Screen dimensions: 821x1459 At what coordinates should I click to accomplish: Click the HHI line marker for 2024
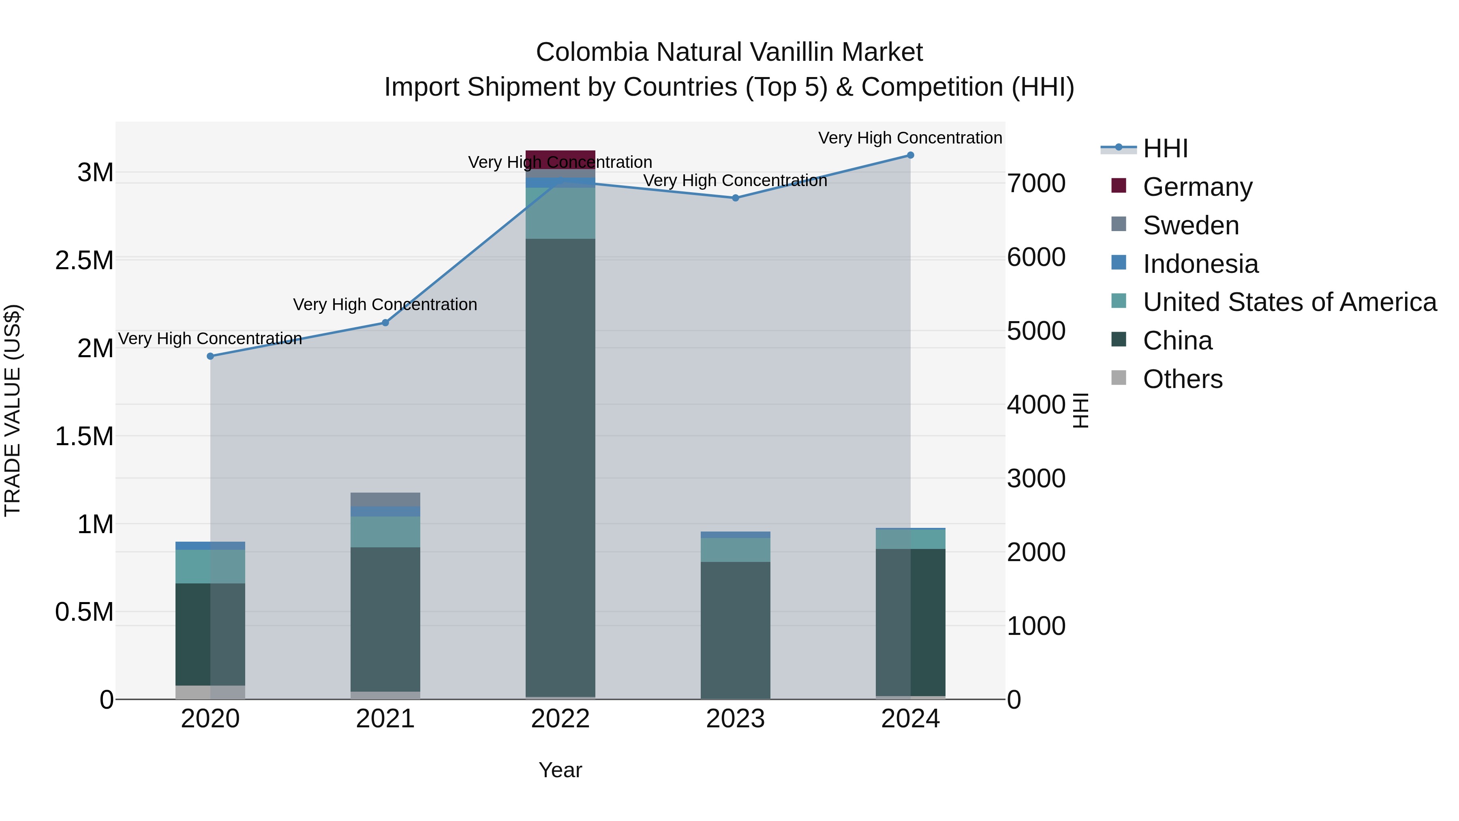pyautogui.click(x=910, y=155)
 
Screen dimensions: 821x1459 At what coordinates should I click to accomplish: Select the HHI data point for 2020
pyautogui.click(x=210, y=356)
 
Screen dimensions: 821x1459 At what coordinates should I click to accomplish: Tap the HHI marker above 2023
pyautogui.click(x=735, y=198)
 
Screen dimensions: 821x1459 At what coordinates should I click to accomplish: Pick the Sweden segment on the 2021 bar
pyautogui.click(x=385, y=499)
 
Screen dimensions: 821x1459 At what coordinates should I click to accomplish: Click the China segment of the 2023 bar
pyautogui.click(x=735, y=629)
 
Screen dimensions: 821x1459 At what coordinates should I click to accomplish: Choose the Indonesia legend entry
pyautogui.click(x=1200, y=264)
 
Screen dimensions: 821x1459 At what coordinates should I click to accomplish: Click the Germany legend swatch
pyautogui.click(x=1119, y=185)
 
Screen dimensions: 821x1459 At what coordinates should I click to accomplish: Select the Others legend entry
pyautogui.click(x=1182, y=379)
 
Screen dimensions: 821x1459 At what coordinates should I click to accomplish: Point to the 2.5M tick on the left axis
pyautogui.click(x=84, y=261)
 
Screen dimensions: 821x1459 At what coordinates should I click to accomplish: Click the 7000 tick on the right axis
pyautogui.click(x=1036, y=184)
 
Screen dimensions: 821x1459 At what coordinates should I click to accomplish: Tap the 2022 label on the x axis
pyautogui.click(x=560, y=719)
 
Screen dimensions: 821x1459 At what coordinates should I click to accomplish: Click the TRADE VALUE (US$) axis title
pyautogui.click(x=13, y=410)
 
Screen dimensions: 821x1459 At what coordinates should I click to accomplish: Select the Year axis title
pyautogui.click(x=560, y=770)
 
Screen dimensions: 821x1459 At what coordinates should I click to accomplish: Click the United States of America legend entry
pyautogui.click(x=1290, y=302)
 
